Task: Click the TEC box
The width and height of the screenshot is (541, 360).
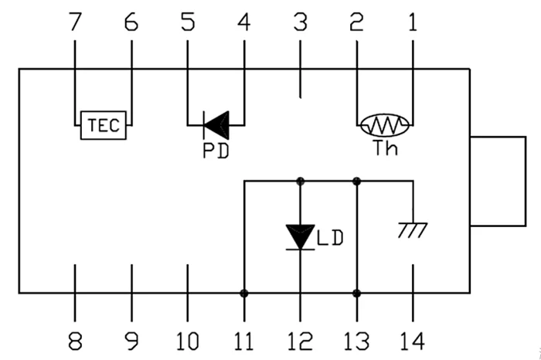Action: (103, 125)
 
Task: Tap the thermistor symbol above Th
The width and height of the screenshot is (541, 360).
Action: (384, 124)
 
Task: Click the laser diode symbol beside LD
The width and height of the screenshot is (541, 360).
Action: (300, 236)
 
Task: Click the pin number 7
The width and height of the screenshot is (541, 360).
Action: (75, 23)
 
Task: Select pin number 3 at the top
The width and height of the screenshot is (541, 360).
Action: (300, 23)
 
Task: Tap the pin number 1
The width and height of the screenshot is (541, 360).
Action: (412, 23)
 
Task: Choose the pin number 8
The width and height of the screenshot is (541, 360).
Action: (75, 341)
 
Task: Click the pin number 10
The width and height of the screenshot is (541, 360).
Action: (187, 341)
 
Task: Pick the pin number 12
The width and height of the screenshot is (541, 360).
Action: (300, 341)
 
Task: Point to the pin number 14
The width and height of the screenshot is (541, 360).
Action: (412, 341)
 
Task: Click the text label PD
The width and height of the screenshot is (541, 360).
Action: (216, 150)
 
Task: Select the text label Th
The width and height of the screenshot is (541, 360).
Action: (384, 148)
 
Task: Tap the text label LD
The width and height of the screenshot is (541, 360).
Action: (328, 237)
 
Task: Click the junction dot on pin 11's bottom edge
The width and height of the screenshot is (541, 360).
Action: (244, 294)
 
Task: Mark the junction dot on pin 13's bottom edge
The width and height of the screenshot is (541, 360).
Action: (356, 294)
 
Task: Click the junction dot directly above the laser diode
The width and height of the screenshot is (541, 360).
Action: (300, 182)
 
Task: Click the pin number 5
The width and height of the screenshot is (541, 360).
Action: (188, 23)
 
